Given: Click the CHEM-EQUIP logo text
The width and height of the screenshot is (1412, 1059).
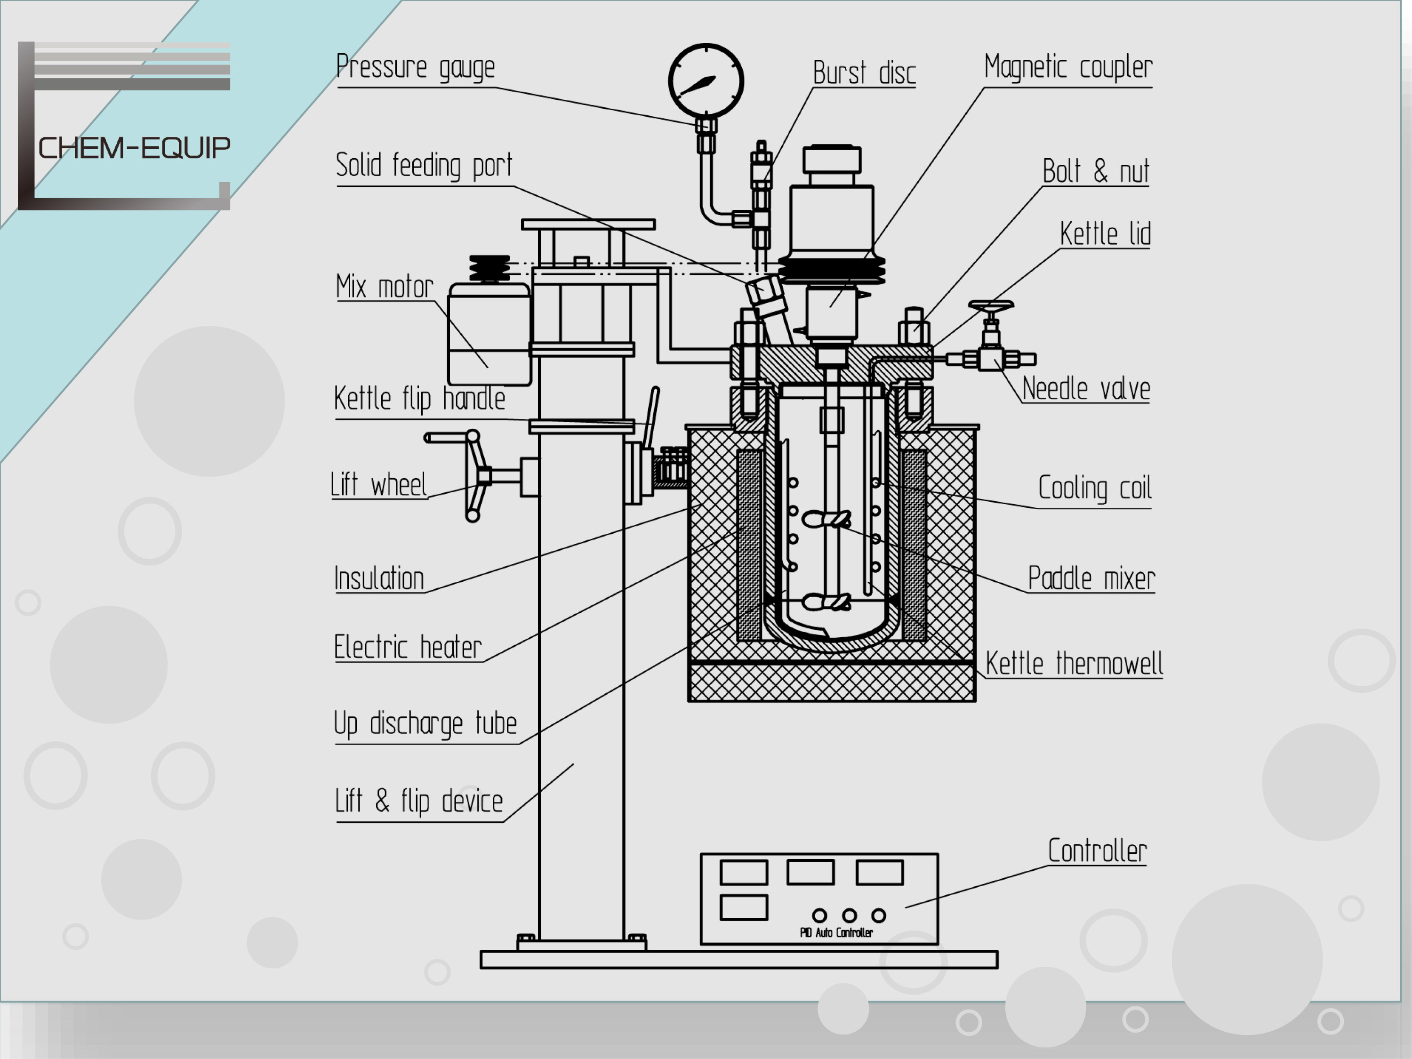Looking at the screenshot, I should pos(134,148).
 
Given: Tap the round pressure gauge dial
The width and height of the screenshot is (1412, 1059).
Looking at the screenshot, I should pos(706,81).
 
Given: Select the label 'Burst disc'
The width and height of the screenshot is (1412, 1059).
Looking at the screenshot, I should pos(864,73).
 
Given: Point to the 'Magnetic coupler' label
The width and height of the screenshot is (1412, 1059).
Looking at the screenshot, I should pos(1068,67).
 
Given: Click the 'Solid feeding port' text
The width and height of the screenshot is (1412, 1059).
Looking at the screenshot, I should pos(424,165).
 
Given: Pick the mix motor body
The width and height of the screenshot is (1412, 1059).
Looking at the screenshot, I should pos(489,335).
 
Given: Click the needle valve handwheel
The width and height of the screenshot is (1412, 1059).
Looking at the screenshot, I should pos(991,307).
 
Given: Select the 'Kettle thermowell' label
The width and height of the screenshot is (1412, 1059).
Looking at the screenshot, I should pos(1074,663).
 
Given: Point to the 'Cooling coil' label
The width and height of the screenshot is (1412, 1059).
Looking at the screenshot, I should pos(1094,489).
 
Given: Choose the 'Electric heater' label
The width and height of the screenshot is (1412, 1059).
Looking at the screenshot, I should pos(407,647).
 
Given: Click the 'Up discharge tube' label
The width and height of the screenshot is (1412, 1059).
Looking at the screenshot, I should pos(425,724).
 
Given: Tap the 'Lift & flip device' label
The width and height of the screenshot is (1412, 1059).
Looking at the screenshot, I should pos(419,801).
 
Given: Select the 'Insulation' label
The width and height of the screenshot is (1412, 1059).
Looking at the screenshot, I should pos(379,579).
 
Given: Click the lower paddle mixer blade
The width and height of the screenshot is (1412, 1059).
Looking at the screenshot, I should pos(826,602).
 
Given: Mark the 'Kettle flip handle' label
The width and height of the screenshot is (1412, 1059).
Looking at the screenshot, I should pos(419,399).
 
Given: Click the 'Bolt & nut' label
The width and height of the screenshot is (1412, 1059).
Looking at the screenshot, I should pos(1095,171).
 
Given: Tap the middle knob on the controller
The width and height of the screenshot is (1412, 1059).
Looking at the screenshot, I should pos(849,915).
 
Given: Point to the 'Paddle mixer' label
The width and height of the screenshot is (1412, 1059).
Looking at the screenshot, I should pos(1091,579).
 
